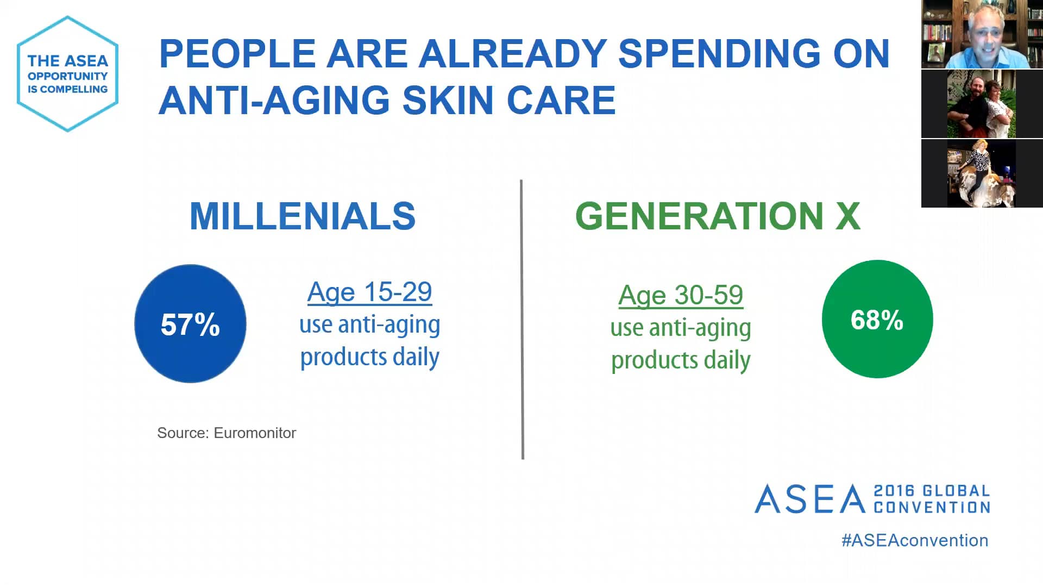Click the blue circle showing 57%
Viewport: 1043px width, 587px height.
click(x=190, y=324)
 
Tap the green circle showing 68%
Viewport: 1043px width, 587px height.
click(x=877, y=319)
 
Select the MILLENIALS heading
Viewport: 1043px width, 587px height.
click(x=303, y=216)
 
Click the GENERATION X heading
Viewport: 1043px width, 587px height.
click(x=718, y=216)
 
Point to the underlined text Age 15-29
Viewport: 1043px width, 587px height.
click(x=369, y=292)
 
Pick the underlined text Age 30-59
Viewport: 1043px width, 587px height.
click(x=681, y=296)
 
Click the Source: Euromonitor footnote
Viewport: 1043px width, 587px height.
click(x=227, y=433)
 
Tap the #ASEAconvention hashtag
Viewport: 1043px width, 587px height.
click(x=915, y=540)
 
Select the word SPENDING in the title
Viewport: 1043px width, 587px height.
click(x=719, y=54)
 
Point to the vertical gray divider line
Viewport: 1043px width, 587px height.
click(x=522, y=320)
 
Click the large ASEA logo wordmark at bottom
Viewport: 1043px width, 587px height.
click(x=810, y=499)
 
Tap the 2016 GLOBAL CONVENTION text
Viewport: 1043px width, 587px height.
click(x=932, y=499)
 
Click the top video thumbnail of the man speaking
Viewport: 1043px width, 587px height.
click(x=982, y=34)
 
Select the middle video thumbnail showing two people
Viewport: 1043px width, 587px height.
click(x=982, y=104)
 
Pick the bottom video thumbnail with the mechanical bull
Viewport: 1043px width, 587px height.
click(x=982, y=173)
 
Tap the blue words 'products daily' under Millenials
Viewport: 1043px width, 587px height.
click(x=369, y=357)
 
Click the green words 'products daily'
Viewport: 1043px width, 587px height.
click(x=681, y=360)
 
